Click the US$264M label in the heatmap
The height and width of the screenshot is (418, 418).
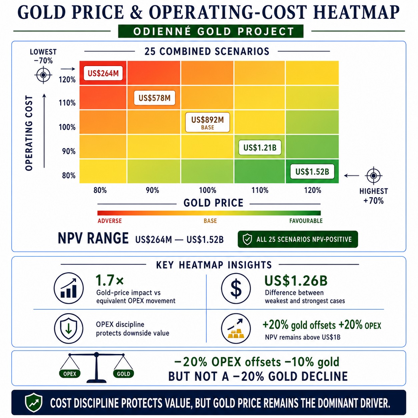tap(103, 73)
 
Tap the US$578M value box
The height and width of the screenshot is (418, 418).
tap(154, 98)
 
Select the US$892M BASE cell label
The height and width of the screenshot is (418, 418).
tap(207, 122)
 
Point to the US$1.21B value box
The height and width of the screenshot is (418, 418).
tap(260, 148)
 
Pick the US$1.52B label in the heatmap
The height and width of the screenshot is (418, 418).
tap(312, 172)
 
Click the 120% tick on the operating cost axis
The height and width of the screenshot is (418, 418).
tap(67, 80)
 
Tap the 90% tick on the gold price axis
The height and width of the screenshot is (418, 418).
tap(152, 190)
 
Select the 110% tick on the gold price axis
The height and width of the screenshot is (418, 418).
tap(260, 190)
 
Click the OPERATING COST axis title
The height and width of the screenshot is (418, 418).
tap(29, 133)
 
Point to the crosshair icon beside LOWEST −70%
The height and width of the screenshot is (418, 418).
tap(43, 75)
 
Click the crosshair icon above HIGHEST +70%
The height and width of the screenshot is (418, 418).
tap(374, 175)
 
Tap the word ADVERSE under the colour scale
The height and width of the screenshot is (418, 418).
tap(110, 221)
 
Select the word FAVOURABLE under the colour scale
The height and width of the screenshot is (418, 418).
tap(306, 221)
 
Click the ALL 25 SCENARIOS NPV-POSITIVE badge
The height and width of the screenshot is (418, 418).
tap(298, 239)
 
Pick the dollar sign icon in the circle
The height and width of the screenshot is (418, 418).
tap(236, 288)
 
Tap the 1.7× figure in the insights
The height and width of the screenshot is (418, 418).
tap(110, 280)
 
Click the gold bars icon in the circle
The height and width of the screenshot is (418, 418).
tap(236, 328)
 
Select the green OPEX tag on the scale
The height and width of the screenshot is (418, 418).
tap(70, 374)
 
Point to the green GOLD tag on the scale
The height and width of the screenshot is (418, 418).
tap(123, 374)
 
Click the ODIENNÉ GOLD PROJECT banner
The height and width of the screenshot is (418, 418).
tap(211, 31)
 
